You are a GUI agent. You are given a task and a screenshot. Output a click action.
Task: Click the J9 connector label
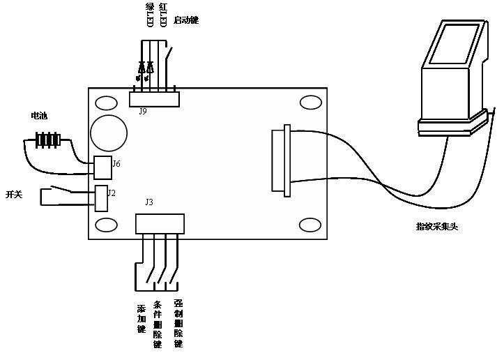[142, 111]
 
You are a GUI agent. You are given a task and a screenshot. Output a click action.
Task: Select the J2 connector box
[101, 198]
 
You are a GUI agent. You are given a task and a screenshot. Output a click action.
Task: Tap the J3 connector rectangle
[160, 224]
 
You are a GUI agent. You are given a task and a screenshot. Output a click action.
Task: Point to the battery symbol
[48, 140]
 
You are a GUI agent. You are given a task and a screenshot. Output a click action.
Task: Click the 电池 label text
[39, 115]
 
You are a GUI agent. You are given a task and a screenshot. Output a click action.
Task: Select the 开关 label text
[14, 194]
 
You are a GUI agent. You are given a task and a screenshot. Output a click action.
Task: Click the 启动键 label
[186, 20]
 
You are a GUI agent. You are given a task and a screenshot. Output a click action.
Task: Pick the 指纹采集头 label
[436, 226]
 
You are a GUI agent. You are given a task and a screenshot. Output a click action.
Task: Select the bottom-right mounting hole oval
[310, 225]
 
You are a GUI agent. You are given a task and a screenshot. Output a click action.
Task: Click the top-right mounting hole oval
[310, 103]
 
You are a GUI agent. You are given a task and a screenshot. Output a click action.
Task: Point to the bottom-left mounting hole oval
[106, 225]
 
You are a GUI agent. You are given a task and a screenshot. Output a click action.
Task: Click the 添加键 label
[142, 317]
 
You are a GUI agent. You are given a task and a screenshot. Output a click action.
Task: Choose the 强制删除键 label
[178, 324]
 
